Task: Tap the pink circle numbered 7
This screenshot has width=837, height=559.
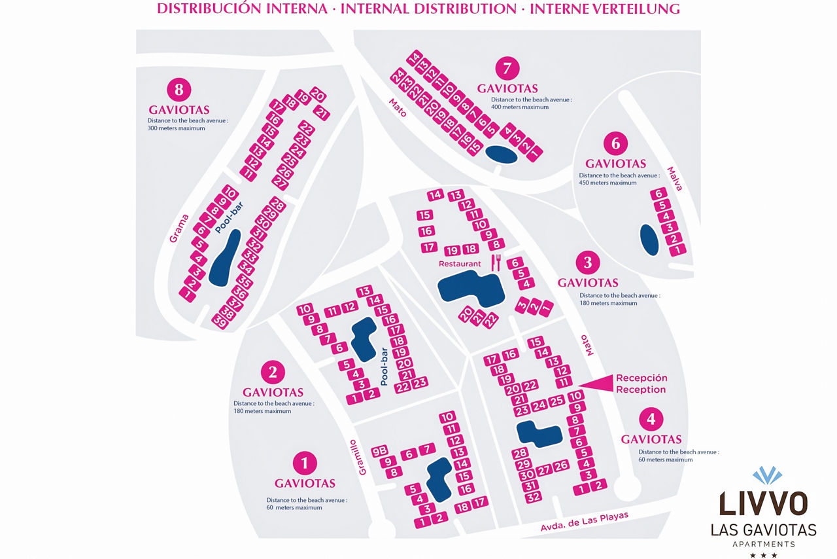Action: (x=507, y=68)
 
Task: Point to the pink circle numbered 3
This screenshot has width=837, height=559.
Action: (x=587, y=262)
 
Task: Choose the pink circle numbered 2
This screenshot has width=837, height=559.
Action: (x=273, y=372)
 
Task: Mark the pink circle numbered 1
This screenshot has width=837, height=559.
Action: (x=305, y=463)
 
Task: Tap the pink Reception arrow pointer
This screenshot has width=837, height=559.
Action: (x=598, y=384)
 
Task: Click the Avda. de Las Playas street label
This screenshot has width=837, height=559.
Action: (x=585, y=522)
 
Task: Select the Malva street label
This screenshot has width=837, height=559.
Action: (x=675, y=179)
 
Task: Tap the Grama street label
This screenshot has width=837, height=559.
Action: (x=179, y=228)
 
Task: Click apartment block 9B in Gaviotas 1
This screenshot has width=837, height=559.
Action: (x=379, y=452)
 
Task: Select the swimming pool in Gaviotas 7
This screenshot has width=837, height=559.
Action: (x=502, y=154)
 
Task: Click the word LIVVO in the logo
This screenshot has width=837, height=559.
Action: (x=763, y=505)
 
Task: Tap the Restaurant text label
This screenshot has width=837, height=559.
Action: (x=460, y=264)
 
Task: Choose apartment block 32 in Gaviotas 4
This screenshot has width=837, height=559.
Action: (x=534, y=496)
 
